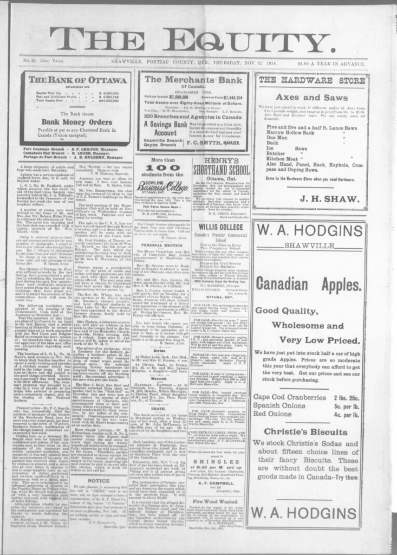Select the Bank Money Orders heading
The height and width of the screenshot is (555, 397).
pos(76,122)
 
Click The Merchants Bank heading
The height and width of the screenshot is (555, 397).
pos(193,80)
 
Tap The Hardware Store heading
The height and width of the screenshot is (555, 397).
pos(311,80)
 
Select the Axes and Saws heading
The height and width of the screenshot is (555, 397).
pos(312,98)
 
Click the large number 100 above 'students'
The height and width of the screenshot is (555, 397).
pos(162,167)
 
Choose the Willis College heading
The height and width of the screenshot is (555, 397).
pos(220,227)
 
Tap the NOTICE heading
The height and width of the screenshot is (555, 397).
pos(99,480)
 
